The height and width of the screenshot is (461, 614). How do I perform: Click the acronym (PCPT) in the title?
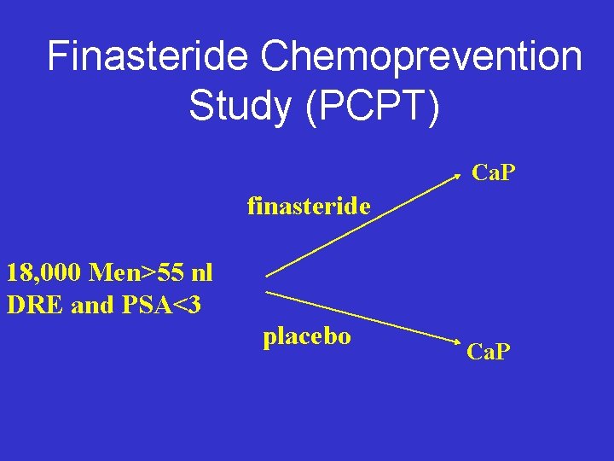tap(375, 107)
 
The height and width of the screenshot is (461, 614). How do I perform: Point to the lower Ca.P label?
tap(489, 350)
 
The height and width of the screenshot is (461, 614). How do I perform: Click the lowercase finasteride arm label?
tap(309, 206)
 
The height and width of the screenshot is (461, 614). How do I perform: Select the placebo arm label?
tap(307, 336)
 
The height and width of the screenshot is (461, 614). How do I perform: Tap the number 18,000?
tap(43, 273)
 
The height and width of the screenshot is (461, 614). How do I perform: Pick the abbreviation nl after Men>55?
tap(201, 273)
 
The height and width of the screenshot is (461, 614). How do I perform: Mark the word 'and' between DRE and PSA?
tap(91, 305)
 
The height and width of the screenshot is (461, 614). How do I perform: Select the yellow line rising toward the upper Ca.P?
tap(367, 226)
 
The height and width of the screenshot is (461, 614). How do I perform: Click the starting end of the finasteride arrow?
tap(268, 276)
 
